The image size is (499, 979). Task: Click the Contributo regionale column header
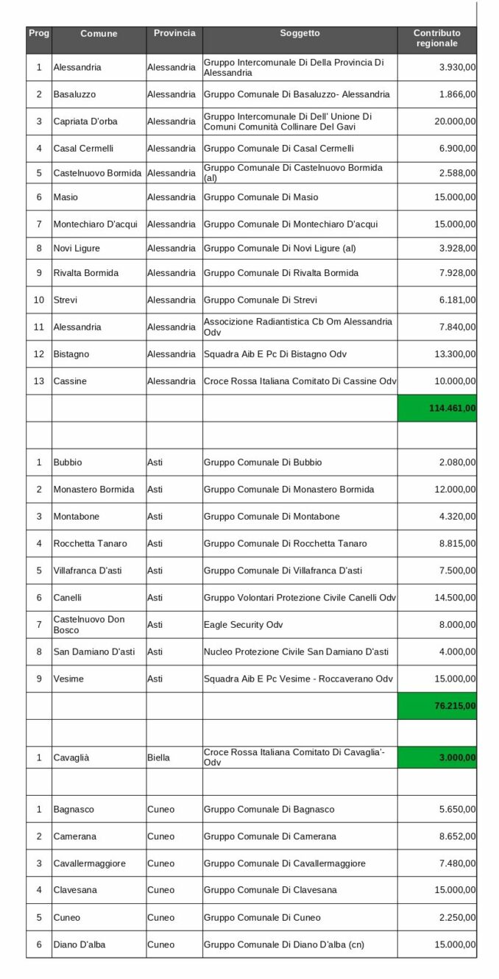click(x=436, y=38)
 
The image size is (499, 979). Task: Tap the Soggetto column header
click(x=300, y=34)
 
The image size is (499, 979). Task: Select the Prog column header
click(x=38, y=34)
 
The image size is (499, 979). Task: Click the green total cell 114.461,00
click(x=437, y=408)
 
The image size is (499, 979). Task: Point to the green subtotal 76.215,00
click(x=437, y=706)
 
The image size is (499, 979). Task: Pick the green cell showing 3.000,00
click(x=437, y=757)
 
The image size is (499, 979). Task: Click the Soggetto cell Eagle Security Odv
click(x=244, y=624)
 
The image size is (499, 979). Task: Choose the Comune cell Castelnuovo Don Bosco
click(x=89, y=624)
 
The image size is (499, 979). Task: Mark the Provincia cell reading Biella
click(x=158, y=757)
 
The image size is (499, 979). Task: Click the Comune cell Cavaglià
click(x=74, y=757)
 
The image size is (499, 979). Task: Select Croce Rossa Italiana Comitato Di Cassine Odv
click(x=300, y=381)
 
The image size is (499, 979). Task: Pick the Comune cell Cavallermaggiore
click(x=89, y=863)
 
